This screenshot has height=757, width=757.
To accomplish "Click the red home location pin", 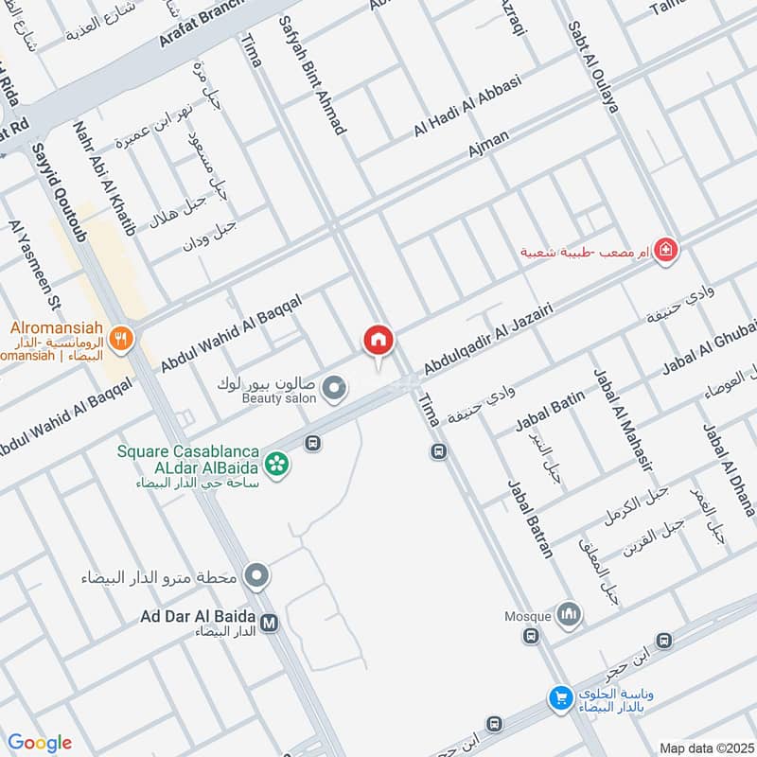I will click(x=378, y=340).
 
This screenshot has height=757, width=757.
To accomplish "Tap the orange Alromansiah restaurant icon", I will click(x=120, y=339).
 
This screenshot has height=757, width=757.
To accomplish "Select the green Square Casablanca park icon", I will click(x=277, y=464).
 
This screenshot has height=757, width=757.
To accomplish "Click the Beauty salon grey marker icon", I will click(x=333, y=387).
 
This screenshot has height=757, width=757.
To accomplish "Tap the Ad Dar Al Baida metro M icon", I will click(x=271, y=623).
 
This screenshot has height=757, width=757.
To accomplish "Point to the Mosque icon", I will click(x=570, y=615).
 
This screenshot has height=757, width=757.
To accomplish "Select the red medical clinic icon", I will click(x=666, y=251).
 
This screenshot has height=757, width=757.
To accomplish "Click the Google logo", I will click(x=40, y=743).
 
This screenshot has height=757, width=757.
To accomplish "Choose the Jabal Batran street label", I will click(x=530, y=519).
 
